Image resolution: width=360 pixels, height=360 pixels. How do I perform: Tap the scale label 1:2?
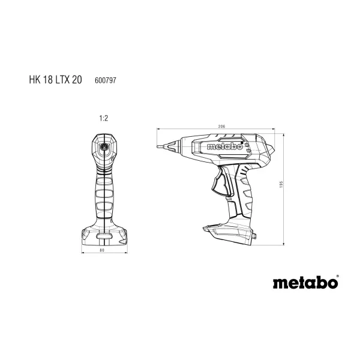tap(103, 119)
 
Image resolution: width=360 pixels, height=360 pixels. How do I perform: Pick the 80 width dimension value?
tap(102, 250)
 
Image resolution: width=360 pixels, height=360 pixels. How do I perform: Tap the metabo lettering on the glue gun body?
tap(223, 145)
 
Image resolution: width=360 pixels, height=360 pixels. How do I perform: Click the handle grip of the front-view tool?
tap(103, 192)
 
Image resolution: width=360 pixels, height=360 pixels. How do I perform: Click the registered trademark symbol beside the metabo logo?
tap(337, 277)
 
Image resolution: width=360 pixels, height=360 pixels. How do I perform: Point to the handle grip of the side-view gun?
tap(243, 192)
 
